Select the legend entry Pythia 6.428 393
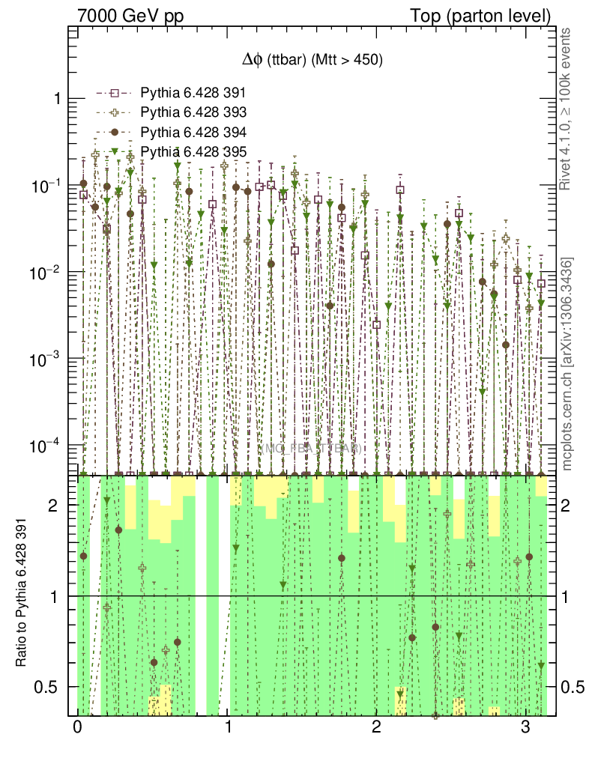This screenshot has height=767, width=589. pos(193,112)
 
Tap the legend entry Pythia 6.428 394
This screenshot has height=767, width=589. pos(193,132)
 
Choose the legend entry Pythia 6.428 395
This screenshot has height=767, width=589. pos(193,151)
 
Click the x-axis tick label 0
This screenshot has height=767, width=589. pos(77,727)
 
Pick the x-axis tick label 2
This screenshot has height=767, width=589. pos(376,727)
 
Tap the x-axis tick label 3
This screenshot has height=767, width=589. pos(525,727)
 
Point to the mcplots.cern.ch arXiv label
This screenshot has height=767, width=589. pos(567,364)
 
